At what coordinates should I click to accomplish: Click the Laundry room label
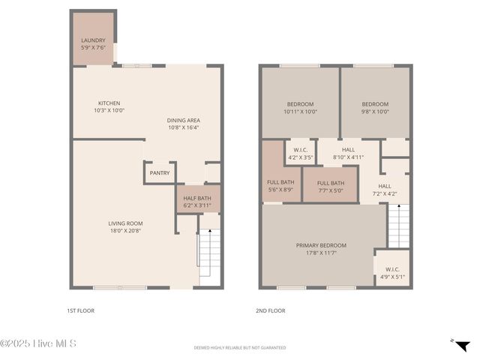[x=93, y=44]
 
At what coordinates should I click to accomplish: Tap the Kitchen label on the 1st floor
[x=109, y=107]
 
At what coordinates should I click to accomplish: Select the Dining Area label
[x=183, y=124]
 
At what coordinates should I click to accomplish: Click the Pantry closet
[x=159, y=173]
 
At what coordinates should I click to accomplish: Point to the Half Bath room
[x=197, y=201]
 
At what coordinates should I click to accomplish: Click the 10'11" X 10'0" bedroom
[x=300, y=107]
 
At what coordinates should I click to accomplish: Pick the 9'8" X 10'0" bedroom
[x=375, y=107]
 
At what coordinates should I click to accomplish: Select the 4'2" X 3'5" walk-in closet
[x=300, y=154]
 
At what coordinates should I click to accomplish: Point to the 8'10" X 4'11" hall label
[x=348, y=154]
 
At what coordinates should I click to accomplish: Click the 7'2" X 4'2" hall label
[x=384, y=190]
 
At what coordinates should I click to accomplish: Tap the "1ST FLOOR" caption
[x=80, y=310]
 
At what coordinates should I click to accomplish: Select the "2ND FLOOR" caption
[x=271, y=310]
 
